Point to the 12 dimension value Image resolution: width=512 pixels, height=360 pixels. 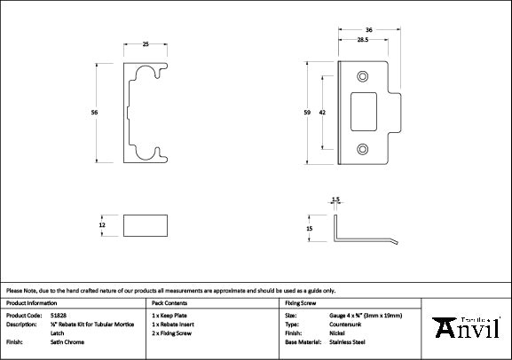(x=103, y=225)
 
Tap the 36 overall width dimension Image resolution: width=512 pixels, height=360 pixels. (x=367, y=31)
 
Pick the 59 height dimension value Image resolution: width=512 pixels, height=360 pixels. (x=306, y=113)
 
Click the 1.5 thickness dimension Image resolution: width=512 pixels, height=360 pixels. (x=335, y=200)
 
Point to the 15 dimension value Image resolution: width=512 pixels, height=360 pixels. (x=311, y=229)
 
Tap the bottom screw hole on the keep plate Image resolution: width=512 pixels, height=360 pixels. (x=362, y=148)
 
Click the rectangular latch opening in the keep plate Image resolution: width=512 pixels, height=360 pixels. (x=363, y=113)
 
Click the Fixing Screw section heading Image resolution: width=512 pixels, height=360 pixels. (x=300, y=302)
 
